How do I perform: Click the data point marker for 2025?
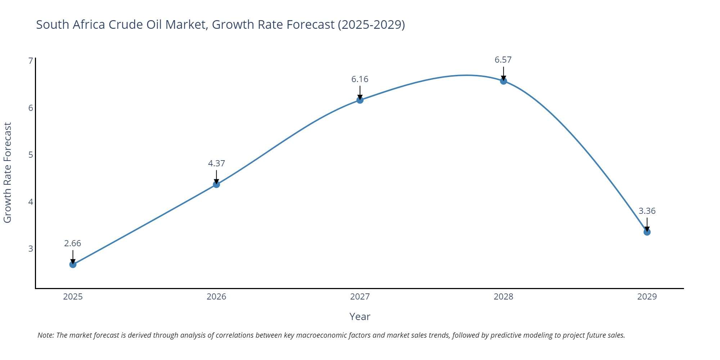click(73, 265)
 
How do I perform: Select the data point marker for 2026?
click(216, 184)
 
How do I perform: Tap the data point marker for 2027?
click(360, 100)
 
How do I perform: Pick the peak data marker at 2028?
click(504, 81)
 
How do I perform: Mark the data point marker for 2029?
click(647, 232)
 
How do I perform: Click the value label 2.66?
click(73, 243)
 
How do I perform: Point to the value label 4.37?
click(216, 163)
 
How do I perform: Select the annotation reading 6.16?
click(360, 79)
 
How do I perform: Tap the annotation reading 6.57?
click(503, 60)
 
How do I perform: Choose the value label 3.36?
click(647, 211)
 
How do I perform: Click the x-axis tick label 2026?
click(216, 297)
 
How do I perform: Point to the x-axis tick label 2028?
click(503, 297)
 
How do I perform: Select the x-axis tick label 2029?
click(647, 297)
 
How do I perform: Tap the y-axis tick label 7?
click(31, 61)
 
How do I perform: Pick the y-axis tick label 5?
click(31, 155)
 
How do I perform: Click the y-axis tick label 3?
click(31, 249)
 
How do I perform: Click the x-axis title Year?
click(360, 317)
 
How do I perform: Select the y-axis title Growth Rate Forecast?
click(8, 172)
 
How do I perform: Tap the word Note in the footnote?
click(45, 335)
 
